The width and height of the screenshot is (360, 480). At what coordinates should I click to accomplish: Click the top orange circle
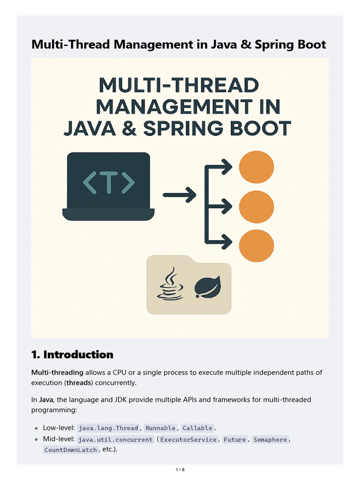(x=256, y=166)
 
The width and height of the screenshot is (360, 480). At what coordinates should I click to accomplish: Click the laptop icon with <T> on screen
(x=108, y=187)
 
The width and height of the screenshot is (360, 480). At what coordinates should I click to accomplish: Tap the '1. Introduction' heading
(x=72, y=354)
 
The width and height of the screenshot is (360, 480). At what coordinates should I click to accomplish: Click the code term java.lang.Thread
(x=108, y=428)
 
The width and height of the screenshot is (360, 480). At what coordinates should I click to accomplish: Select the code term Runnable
(x=160, y=428)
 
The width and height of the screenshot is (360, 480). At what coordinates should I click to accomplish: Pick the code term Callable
(x=197, y=428)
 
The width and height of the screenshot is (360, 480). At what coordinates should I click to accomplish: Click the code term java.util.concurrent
(x=115, y=440)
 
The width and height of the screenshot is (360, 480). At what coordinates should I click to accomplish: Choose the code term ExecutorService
(x=188, y=440)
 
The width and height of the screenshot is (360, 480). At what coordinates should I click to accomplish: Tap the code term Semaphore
(x=270, y=440)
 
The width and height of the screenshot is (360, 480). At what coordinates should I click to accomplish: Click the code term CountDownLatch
(x=71, y=450)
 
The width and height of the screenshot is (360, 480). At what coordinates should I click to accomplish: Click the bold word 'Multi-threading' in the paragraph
(x=57, y=372)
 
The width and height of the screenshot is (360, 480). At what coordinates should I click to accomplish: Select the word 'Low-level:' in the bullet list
(x=59, y=428)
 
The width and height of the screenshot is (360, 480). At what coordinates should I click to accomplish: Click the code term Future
(x=235, y=440)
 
